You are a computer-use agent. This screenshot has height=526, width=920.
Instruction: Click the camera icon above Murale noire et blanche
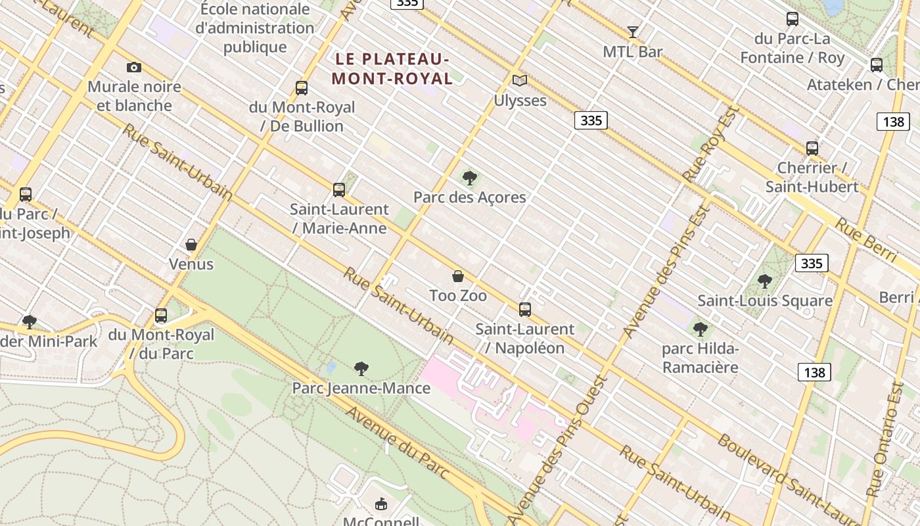pos(133,67)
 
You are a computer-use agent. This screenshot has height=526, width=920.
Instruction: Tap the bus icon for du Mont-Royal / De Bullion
pos(302,87)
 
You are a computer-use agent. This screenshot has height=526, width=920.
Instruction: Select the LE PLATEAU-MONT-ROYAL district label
pos(392,69)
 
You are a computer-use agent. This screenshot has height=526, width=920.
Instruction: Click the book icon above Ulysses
pos(520,81)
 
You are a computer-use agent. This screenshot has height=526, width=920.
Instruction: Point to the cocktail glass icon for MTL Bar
pos(632,32)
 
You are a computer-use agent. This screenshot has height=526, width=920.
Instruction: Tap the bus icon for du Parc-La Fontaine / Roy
pos(793,19)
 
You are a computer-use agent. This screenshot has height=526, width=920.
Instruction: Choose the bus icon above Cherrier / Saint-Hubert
pos(812,149)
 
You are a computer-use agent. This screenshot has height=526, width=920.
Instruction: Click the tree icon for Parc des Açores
pos(469,178)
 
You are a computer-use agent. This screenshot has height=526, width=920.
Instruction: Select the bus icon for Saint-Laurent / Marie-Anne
pos(339,190)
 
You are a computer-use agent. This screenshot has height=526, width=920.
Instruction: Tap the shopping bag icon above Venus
pos(191,245)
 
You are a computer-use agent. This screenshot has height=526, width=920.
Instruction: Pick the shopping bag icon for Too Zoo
pos(458,276)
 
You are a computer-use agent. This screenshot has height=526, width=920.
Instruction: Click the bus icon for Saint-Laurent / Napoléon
pos(525,310)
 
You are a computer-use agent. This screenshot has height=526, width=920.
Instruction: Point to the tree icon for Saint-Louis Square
pos(765,281)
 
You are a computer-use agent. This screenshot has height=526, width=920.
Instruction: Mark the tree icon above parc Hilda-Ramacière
pos(701,329)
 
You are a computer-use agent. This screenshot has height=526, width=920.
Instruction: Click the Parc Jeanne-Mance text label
pos(361,388)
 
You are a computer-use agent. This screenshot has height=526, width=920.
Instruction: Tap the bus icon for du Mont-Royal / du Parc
pos(162,316)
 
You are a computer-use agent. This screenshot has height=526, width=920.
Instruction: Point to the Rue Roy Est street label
pos(711,145)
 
